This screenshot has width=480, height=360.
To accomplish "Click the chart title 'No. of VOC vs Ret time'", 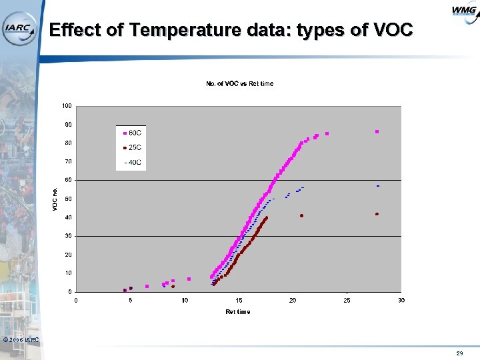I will coord(239,83).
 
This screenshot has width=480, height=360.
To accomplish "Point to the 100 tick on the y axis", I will coord(67,105).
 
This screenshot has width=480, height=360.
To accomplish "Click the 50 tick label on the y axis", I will coord(68,199).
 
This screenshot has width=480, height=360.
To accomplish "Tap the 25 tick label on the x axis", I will coord(347,300).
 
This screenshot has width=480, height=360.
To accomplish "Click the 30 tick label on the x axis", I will coord(401,300).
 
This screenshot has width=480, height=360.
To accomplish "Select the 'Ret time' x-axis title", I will coord(238,312).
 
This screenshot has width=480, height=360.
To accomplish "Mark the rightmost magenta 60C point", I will coord(377,132).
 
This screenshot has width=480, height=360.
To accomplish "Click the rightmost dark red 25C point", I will coord(377,214).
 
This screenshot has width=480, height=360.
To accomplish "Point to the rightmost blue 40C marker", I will coord(377,186).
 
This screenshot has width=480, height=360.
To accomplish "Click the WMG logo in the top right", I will coord(463,11).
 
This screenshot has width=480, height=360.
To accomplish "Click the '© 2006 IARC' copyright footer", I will coord(21,340).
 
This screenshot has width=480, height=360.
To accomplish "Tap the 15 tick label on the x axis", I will coord(239,300).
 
